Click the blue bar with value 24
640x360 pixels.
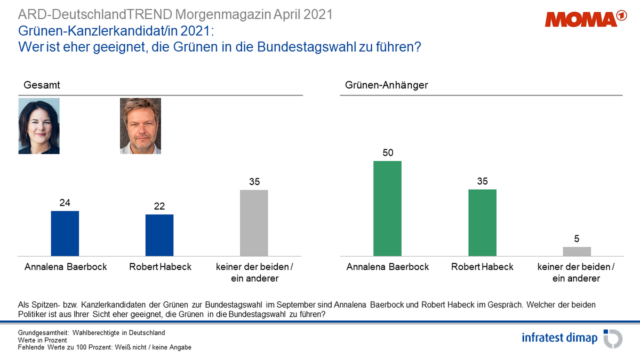coord(65,233)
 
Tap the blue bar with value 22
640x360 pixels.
coord(159,235)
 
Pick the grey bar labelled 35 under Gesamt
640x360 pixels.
coord(254,222)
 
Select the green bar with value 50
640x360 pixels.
coord(388,208)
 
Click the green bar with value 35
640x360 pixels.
coord(482,222)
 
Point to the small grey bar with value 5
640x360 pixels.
coord(577,251)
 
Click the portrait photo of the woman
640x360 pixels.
coord(39,126)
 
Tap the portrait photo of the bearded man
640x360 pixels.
coord(140,126)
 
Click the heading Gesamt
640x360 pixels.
coord(42,85)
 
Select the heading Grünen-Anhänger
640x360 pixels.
coord(379,85)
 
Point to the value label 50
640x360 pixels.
coord(388,153)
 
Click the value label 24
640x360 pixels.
coord(65,203)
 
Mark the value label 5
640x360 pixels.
coord(577,239)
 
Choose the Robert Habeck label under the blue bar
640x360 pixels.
coord(160,267)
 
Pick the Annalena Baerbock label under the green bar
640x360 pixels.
coord(388,267)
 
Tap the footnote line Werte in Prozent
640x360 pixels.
coord(43,340)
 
